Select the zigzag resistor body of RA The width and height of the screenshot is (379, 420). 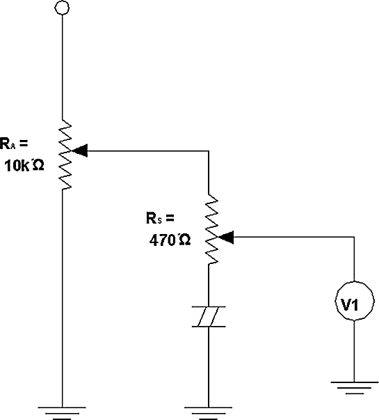point(65,155)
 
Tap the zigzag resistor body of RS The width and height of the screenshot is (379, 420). point(211,229)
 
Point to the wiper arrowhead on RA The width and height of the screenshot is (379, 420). point(80,150)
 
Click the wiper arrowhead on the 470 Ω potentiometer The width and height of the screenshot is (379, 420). point(226,237)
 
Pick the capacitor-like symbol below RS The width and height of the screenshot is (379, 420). point(209,317)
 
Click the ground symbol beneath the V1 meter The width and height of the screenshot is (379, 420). point(355,388)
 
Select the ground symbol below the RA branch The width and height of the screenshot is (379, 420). point(62,413)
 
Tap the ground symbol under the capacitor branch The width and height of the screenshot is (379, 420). point(209,413)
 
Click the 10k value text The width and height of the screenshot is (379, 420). point(17,166)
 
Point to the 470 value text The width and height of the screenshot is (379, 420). point(162,240)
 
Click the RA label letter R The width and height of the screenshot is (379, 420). point(5,143)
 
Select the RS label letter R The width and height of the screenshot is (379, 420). point(152,218)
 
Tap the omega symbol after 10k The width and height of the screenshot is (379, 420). point(38,165)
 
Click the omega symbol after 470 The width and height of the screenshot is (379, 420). point(184,240)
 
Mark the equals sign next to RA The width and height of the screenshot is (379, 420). point(23,143)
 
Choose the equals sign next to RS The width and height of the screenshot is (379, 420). point(170,217)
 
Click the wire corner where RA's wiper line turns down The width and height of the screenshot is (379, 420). point(209,151)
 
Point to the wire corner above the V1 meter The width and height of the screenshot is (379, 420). point(355,237)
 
